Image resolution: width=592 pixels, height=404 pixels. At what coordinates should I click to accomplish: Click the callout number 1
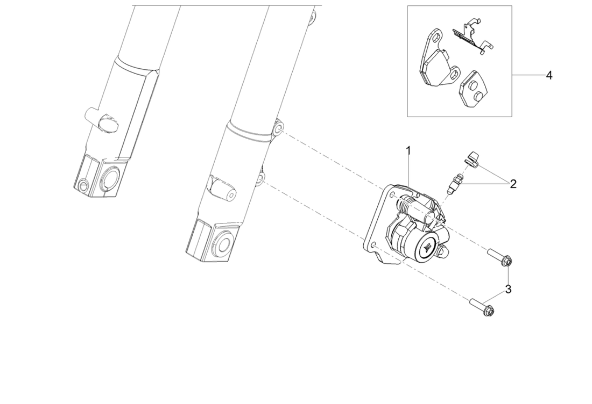point(408,151)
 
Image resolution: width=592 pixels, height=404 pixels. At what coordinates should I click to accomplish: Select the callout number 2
point(513,184)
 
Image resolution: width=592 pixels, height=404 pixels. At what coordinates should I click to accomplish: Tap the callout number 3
point(508,290)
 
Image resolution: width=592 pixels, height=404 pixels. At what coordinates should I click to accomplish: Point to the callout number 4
point(549,75)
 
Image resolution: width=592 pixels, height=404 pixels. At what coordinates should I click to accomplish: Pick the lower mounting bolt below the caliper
point(482,307)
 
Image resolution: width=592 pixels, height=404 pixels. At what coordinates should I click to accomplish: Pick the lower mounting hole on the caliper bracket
point(374,246)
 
